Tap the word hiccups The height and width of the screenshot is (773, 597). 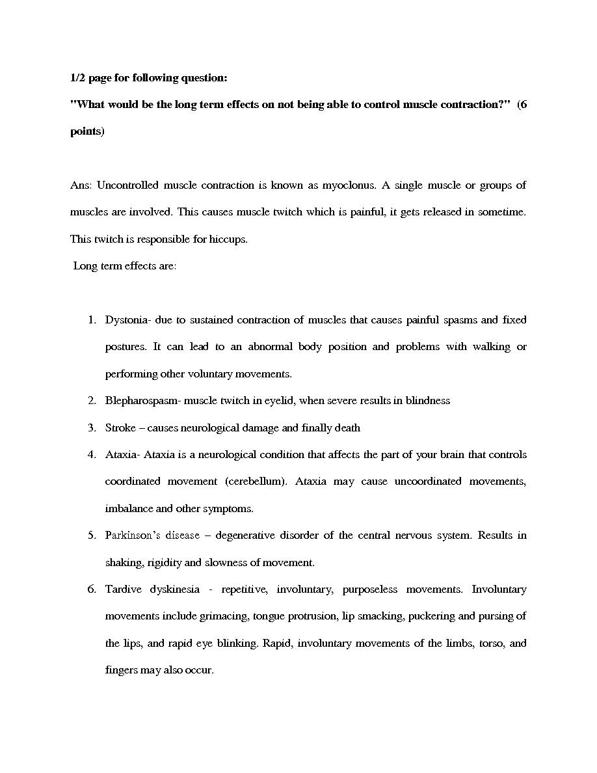(x=228, y=239)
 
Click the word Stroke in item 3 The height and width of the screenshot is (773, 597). (x=120, y=428)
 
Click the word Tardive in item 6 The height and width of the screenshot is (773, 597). (x=123, y=590)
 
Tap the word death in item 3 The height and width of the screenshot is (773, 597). (x=347, y=428)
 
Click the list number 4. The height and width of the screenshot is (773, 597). (x=92, y=455)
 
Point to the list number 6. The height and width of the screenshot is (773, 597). (x=92, y=590)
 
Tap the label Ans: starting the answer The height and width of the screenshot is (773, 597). (x=81, y=185)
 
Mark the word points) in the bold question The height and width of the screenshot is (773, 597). (x=86, y=131)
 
